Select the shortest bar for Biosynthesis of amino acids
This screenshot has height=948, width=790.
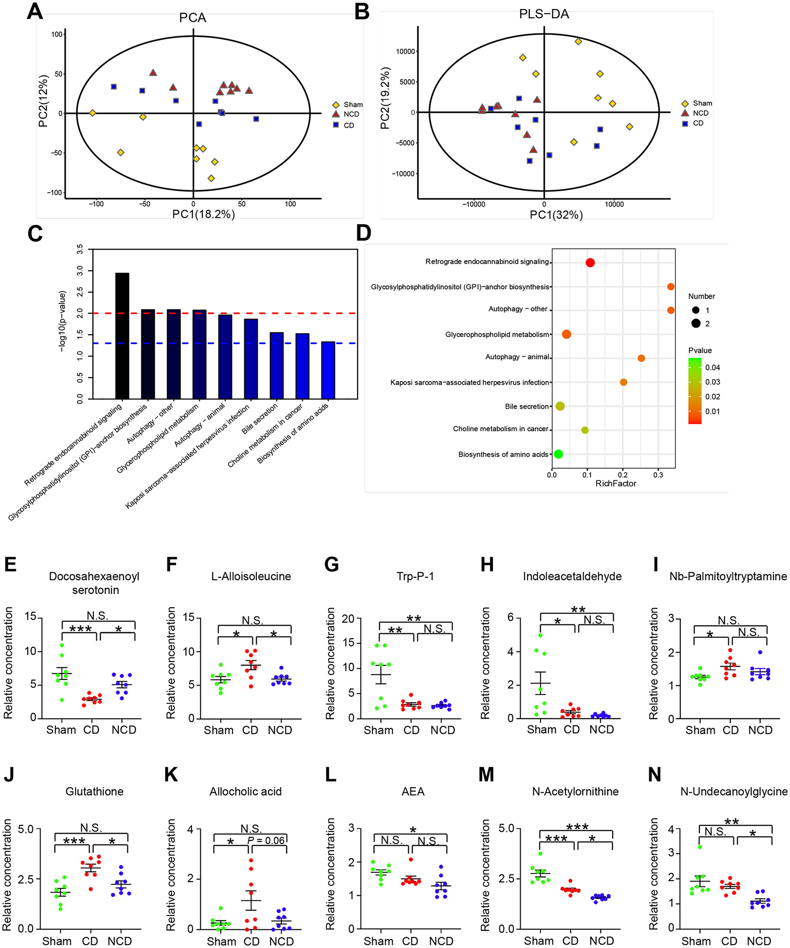(328, 370)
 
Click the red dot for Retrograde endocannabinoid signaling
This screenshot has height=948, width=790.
(590, 263)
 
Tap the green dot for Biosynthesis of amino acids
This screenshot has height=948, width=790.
(558, 454)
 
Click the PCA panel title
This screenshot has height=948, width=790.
(193, 17)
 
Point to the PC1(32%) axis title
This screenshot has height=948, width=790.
(556, 215)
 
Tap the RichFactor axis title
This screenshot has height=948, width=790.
(615, 484)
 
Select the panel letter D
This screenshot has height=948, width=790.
(364, 233)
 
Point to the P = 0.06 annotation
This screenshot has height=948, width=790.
(266, 840)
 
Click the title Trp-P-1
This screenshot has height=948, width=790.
(415, 576)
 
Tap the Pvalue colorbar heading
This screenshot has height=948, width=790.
(700, 350)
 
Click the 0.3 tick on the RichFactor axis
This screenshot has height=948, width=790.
(658, 475)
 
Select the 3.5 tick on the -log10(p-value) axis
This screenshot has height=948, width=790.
(80, 250)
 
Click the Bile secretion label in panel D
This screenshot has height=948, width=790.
(527, 406)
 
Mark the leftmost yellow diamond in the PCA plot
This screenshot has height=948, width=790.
(92, 113)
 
